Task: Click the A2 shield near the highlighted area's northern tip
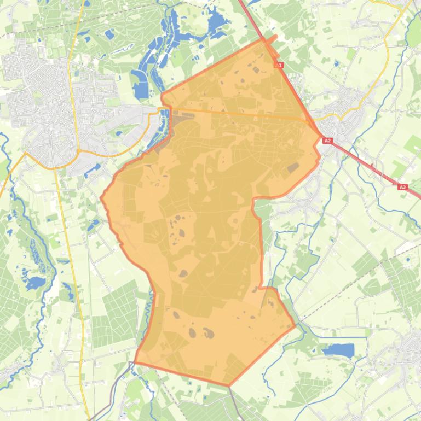[279, 65]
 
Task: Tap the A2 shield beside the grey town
[327, 141]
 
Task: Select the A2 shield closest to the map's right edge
[402, 187]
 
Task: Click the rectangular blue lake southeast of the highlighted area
[340, 350]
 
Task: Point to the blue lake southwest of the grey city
[35, 283]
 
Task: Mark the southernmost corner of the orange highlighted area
[229, 385]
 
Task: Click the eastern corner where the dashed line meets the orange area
[296, 326]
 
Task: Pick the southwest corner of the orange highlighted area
[135, 362]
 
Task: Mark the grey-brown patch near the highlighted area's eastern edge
[293, 167]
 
